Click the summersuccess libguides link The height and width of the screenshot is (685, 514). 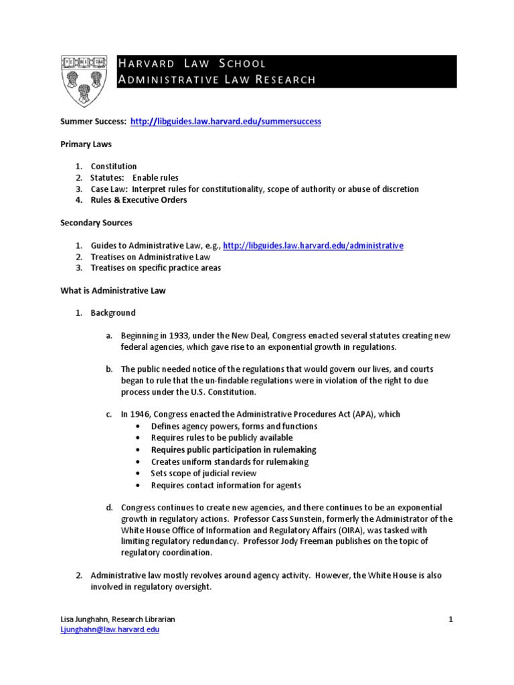pos(226,122)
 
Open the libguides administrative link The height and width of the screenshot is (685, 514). pos(313,246)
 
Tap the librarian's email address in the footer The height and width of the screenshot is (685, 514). pos(110,630)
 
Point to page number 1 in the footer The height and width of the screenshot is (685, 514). pos(451,619)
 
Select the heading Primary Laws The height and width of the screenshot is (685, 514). pos(86,144)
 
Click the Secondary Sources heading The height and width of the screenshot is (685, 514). pos(96,223)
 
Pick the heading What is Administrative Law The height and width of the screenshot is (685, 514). pos(113,290)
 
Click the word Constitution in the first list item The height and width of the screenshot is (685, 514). pos(114,167)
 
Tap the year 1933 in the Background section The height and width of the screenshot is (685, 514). pos(175,336)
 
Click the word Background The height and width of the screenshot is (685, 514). pos(113,313)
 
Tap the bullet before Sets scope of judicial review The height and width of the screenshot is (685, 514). pos(138,474)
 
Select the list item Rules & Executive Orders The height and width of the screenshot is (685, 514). pos(139,200)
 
